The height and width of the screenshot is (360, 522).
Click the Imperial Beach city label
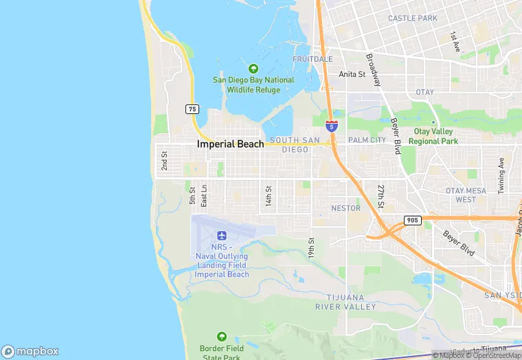tap(230, 144)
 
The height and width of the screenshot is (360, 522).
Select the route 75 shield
tap(192, 109)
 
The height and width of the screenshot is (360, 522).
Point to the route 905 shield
tap(411, 220)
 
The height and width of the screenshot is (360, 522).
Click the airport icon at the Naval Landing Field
tap(221, 236)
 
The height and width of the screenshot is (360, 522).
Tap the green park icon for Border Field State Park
tap(221, 337)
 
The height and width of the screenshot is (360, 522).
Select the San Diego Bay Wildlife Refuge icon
tap(253, 69)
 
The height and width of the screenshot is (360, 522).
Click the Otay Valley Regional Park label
tap(433, 136)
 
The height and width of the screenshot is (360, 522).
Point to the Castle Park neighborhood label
tap(413, 18)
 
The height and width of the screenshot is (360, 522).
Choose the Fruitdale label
tap(313, 59)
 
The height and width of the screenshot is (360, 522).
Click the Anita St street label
tap(352, 74)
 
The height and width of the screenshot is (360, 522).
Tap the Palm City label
tap(367, 140)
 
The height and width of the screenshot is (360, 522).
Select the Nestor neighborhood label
tap(345, 207)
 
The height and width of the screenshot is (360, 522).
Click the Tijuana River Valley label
tap(345, 302)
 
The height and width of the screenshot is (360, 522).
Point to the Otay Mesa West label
tap(465, 194)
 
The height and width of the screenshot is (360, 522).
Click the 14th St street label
tap(269, 195)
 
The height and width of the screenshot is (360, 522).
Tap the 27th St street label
tap(381, 196)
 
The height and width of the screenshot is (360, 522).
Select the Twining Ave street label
tap(501, 176)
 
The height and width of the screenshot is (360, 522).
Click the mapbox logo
tap(30, 351)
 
